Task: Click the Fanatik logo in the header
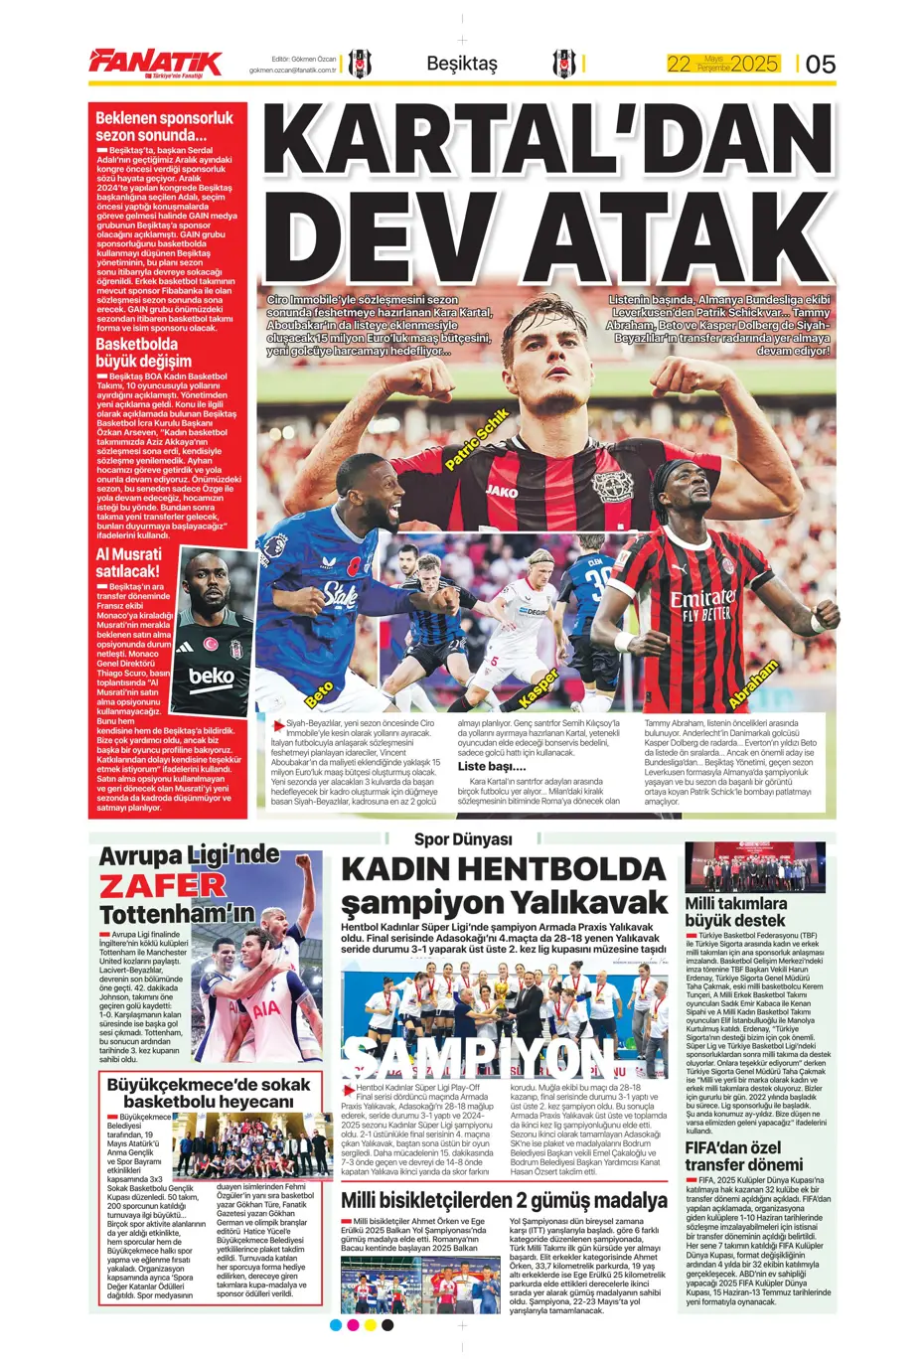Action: [x=155, y=63]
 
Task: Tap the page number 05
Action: [x=820, y=65]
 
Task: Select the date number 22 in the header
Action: [x=679, y=65]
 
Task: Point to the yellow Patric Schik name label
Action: [x=477, y=438]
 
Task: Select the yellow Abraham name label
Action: [x=752, y=683]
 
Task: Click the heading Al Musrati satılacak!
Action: [x=128, y=562]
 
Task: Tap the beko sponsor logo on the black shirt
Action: [x=212, y=678]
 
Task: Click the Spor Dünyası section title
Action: [x=463, y=839]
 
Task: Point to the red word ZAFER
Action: [x=163, y=885]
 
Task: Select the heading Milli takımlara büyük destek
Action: [x=736, y=912]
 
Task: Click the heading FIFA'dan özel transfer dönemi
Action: [x=744, y=1155]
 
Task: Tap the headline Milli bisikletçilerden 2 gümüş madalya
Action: [x=504, y=1200]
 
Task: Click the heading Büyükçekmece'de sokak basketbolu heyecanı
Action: [x=209, y=1093]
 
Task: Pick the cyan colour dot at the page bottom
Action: [x=336, y=1324]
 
